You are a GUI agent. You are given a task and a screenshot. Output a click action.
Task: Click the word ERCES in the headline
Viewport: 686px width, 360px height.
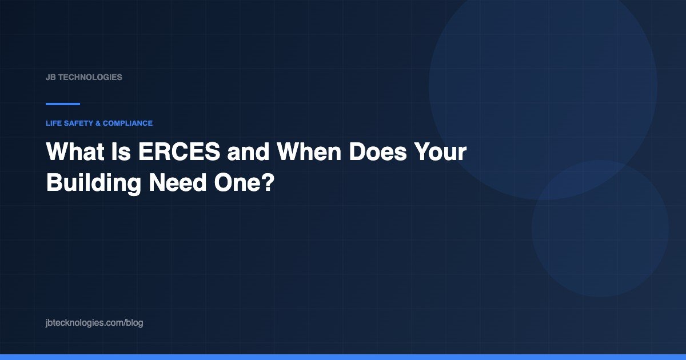(179, 151)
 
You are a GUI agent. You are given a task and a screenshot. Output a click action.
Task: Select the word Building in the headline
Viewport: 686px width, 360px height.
(94, 183)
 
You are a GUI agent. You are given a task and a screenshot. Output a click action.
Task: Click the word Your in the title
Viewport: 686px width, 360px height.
(440, 151)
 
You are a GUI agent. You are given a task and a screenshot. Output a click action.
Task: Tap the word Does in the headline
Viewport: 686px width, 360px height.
(378, 151)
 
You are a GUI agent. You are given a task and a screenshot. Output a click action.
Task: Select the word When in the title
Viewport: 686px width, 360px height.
(309, 151)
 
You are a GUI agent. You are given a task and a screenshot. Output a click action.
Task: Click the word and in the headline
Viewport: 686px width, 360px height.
(248, 151)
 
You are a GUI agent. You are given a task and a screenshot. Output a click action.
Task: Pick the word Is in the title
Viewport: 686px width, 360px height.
(121, 151)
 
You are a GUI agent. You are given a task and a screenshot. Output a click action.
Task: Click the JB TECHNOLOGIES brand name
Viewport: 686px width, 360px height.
(84, 77)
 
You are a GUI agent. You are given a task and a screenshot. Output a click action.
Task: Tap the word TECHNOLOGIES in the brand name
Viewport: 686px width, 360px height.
(90, 77)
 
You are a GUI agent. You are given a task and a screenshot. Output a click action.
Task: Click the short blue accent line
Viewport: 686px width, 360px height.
(63, 104)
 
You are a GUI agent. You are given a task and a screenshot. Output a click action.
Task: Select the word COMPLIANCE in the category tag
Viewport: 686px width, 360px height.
(127, 123)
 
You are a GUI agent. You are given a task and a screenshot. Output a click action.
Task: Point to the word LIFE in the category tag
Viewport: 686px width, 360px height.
(54, 123)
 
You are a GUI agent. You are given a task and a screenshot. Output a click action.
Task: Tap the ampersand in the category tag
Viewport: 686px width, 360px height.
(98, 123)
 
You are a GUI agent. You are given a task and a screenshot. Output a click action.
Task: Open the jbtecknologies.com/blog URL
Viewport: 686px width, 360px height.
(94, 323)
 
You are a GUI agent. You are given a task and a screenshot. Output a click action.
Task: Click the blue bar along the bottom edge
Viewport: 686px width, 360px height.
(343, 357)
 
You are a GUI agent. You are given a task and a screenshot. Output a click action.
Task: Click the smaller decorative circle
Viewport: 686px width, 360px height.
(600, 229)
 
